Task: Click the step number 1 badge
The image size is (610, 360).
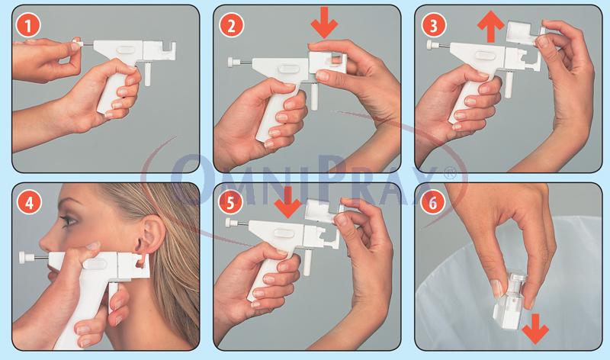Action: click(28, 26)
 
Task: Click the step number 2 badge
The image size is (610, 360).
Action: click(231, 26)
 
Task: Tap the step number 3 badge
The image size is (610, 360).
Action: click(434, 26)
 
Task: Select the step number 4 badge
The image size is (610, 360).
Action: click(29, 203)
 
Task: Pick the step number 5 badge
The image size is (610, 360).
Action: click(230, 203)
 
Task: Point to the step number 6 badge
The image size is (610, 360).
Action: click(433, 202)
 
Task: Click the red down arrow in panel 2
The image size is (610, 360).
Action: click(324, 22)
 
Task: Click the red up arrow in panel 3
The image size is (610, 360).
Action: click(491, 27)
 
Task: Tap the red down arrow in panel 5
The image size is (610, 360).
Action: click(288, 202)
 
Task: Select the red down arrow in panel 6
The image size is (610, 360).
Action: click(535, 329)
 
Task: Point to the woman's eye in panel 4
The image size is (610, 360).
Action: click(69, 220)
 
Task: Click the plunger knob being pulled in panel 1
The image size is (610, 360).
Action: click(77, 43)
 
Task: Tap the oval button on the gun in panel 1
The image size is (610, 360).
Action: click(125, 50)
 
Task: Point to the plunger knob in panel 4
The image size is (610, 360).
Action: click(25, 257)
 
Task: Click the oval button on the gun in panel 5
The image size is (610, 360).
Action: click(283, 233)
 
